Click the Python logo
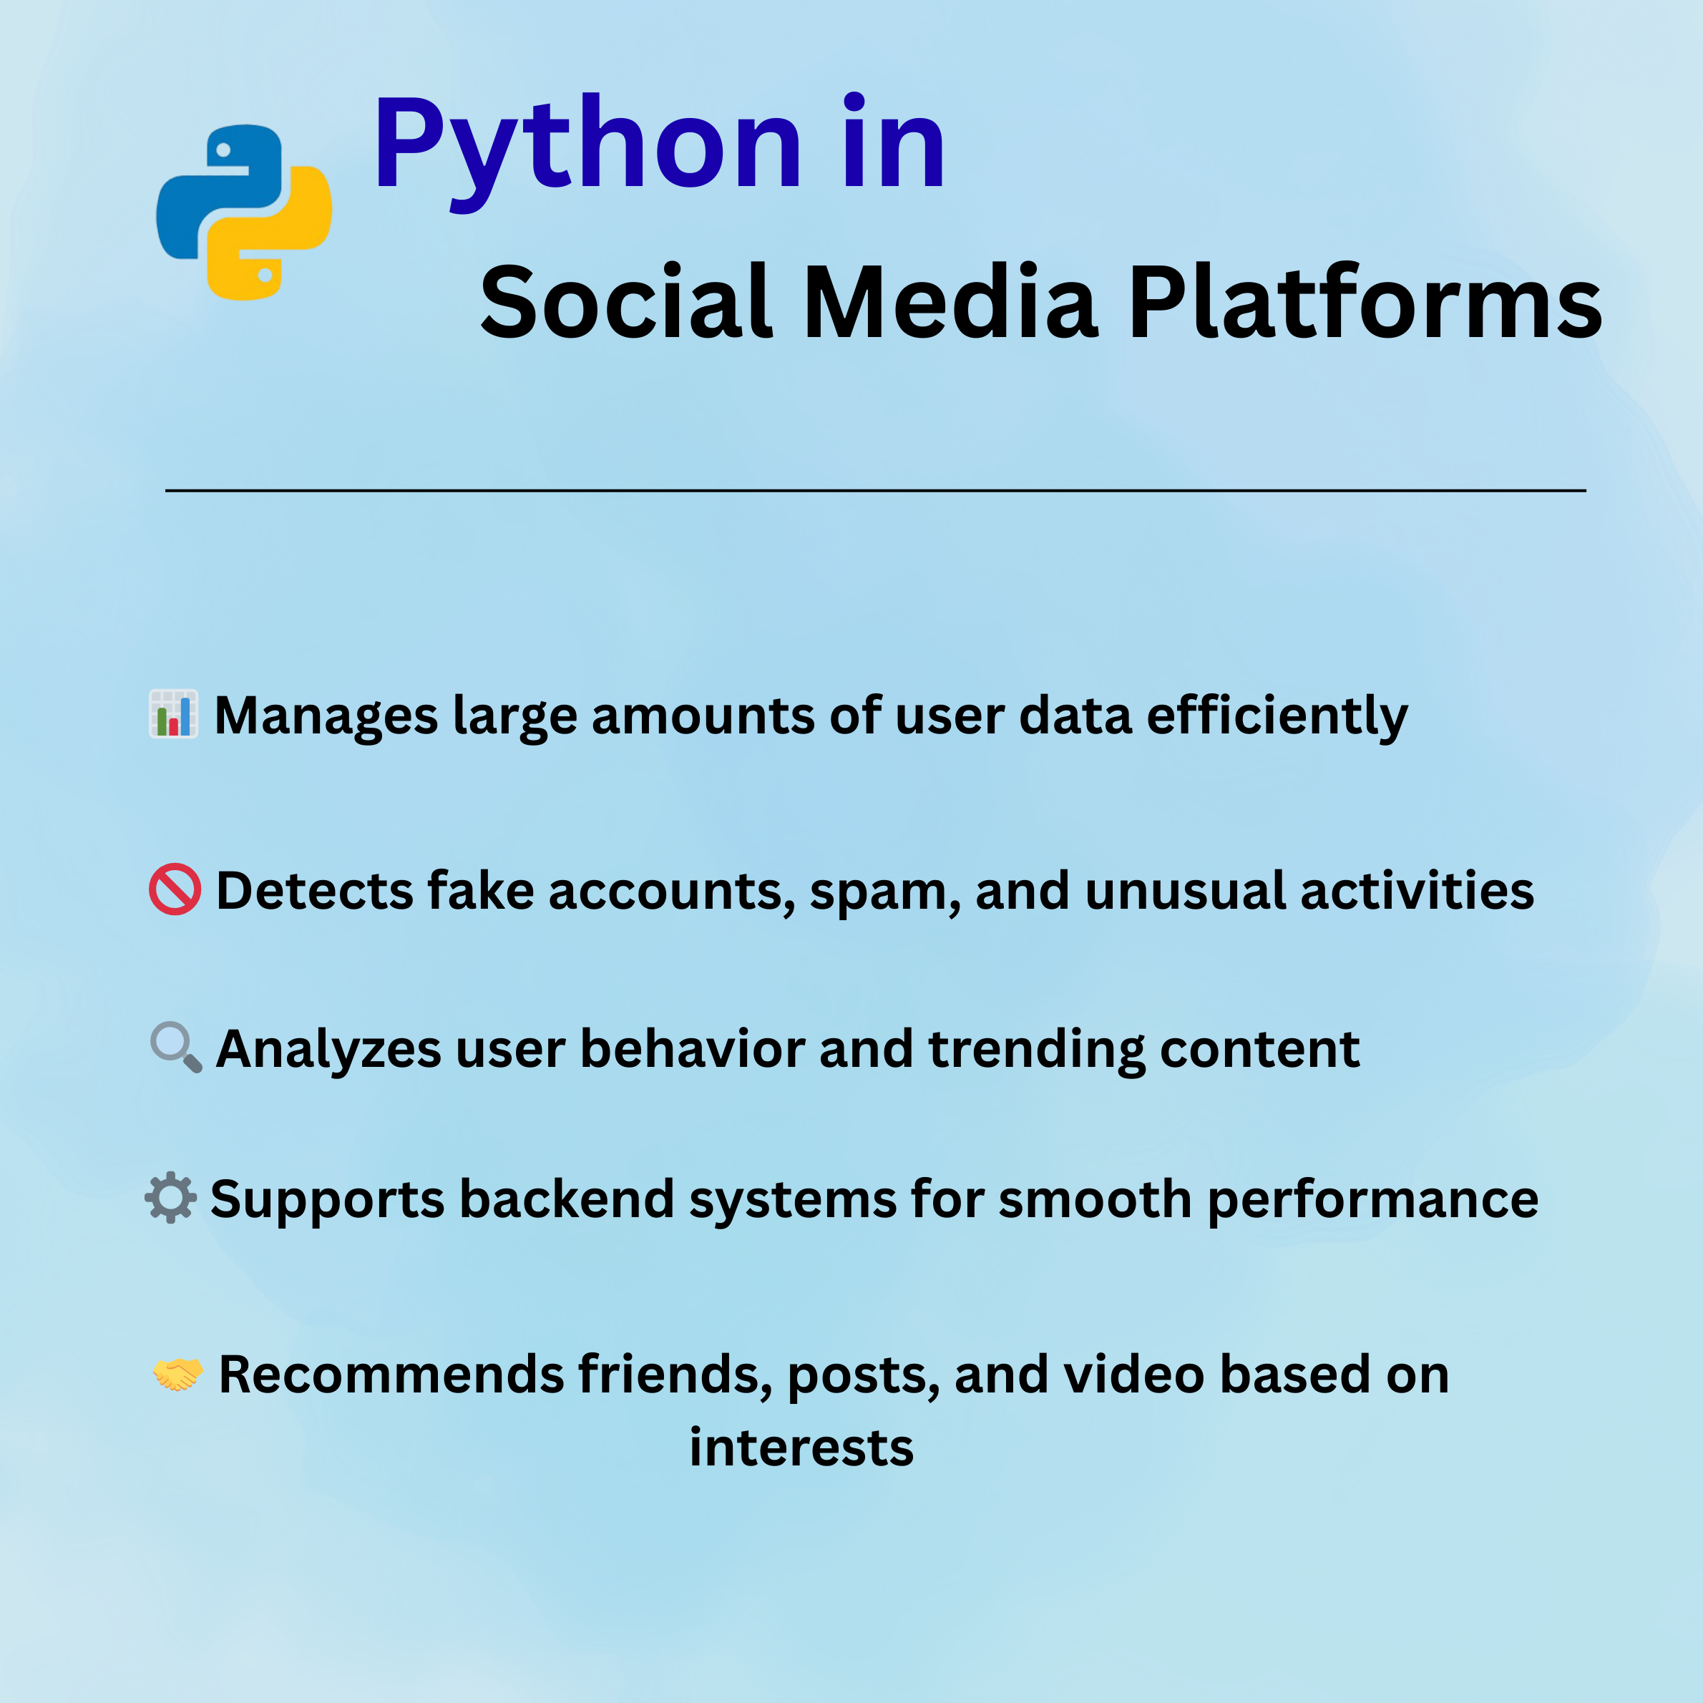click(x=244, y=213)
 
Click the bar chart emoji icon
click(x=174, y=714)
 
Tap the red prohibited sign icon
click(x=175, y=889)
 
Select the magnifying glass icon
click(x=176, y=1047)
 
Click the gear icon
click(x=171, y=1198)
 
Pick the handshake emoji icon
click(x=178, y=1373)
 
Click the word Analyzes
click(x=328, y=1050)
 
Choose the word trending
click(x=1037, y=1050)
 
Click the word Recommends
click(x=391, y=1375)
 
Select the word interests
click(x=801, y=1448)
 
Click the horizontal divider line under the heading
click(x=875, y=490)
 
